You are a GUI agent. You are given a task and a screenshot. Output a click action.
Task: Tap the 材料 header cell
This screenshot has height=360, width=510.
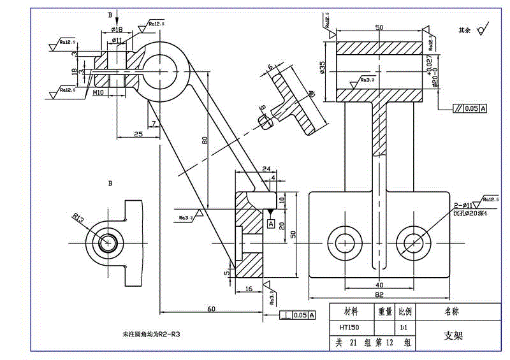coord(351,312)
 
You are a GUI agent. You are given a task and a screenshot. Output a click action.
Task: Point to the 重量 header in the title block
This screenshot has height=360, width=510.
coord(385,312)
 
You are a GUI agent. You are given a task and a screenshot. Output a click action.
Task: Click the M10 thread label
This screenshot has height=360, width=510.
coord(98,92)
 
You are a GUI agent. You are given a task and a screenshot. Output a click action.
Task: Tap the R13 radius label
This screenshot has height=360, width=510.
coord(78,219)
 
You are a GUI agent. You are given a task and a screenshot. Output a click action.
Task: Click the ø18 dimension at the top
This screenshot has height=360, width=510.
coord(117,29)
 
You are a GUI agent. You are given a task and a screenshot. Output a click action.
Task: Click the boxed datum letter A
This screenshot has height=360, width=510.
coord(271,224)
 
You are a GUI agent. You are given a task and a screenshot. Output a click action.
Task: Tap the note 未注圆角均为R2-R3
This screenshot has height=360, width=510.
coord(151,333)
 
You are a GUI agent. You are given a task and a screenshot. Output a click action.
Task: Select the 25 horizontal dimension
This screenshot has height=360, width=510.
coord(138,133)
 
